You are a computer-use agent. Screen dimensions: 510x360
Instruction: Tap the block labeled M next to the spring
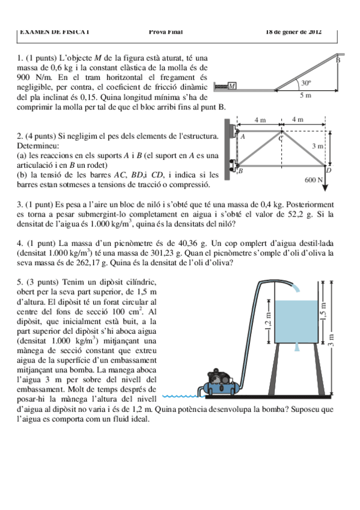232,87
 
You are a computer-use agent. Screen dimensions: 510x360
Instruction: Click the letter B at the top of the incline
338,60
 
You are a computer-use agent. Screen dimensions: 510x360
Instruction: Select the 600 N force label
313,179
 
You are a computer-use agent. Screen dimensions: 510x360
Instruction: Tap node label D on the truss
329,171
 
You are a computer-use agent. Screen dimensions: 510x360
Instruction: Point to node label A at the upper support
243,137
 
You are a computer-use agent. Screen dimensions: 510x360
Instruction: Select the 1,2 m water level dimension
269,328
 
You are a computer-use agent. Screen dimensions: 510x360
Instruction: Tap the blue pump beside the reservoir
222,384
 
